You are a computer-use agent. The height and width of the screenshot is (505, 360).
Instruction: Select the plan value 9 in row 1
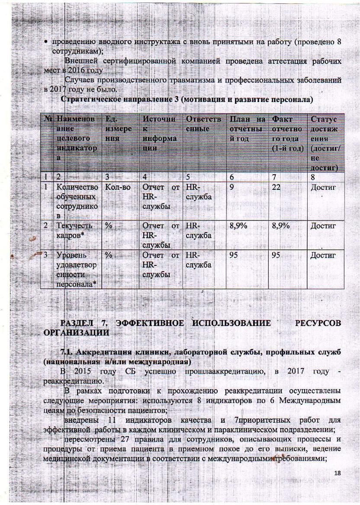[232, 187]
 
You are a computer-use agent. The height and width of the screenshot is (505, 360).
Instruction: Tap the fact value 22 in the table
[277, 187]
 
